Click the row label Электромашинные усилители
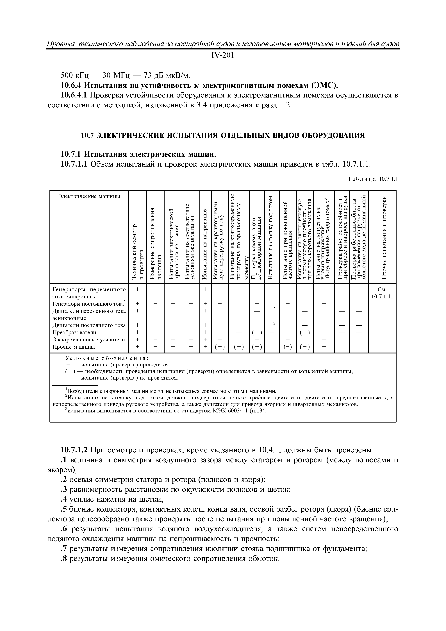[x=88, y=340]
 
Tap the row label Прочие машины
[x=74, y=347]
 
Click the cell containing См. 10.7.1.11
[x=382, y=293]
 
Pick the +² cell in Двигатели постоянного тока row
[x=272, y=325]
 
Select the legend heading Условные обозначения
[x=107, y=358]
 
